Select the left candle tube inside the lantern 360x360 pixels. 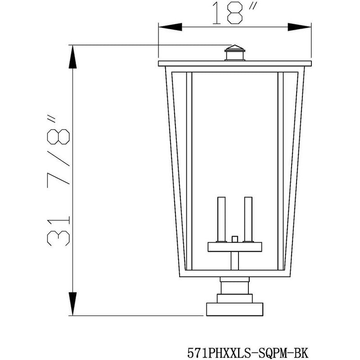220,219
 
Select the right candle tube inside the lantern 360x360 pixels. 248,219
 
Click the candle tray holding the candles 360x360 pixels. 234,247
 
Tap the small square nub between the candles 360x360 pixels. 234,238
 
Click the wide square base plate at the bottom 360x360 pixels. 234,310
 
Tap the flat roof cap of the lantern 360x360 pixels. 234,63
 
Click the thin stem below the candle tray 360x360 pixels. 234,261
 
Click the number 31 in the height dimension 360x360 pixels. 59,230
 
